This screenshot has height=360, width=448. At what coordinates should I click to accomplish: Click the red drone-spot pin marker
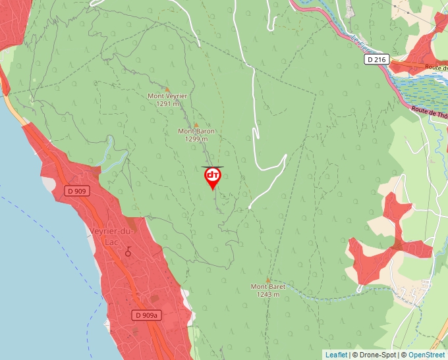click(213, 176)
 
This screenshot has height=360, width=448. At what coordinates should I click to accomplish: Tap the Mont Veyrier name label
click(167, 96)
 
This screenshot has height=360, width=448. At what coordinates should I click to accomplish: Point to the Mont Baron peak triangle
click(196, 124)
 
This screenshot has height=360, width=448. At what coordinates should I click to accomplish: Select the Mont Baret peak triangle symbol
click(268, 280)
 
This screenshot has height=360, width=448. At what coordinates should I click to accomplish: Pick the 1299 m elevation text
click(196, 139)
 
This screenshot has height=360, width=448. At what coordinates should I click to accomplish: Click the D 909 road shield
click(78, 192)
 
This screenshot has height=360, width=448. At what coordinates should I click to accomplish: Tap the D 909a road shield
click(146, 315)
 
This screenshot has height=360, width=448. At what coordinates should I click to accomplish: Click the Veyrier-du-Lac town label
click(111, 235)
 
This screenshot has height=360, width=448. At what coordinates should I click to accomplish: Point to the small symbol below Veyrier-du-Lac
click(128, 251)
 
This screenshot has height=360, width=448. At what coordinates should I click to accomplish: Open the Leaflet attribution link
click(336, 355)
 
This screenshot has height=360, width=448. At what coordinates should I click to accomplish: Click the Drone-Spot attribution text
click(374, 355)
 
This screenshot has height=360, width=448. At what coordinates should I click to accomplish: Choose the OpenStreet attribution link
click(428, 355)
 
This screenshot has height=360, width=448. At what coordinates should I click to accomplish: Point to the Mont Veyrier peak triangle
click(167, 89)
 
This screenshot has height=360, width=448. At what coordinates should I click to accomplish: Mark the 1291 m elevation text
click(168, 104)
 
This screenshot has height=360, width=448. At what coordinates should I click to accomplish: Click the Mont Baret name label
click(268, 287)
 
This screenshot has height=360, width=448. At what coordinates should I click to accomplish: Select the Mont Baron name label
click(196, 131)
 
